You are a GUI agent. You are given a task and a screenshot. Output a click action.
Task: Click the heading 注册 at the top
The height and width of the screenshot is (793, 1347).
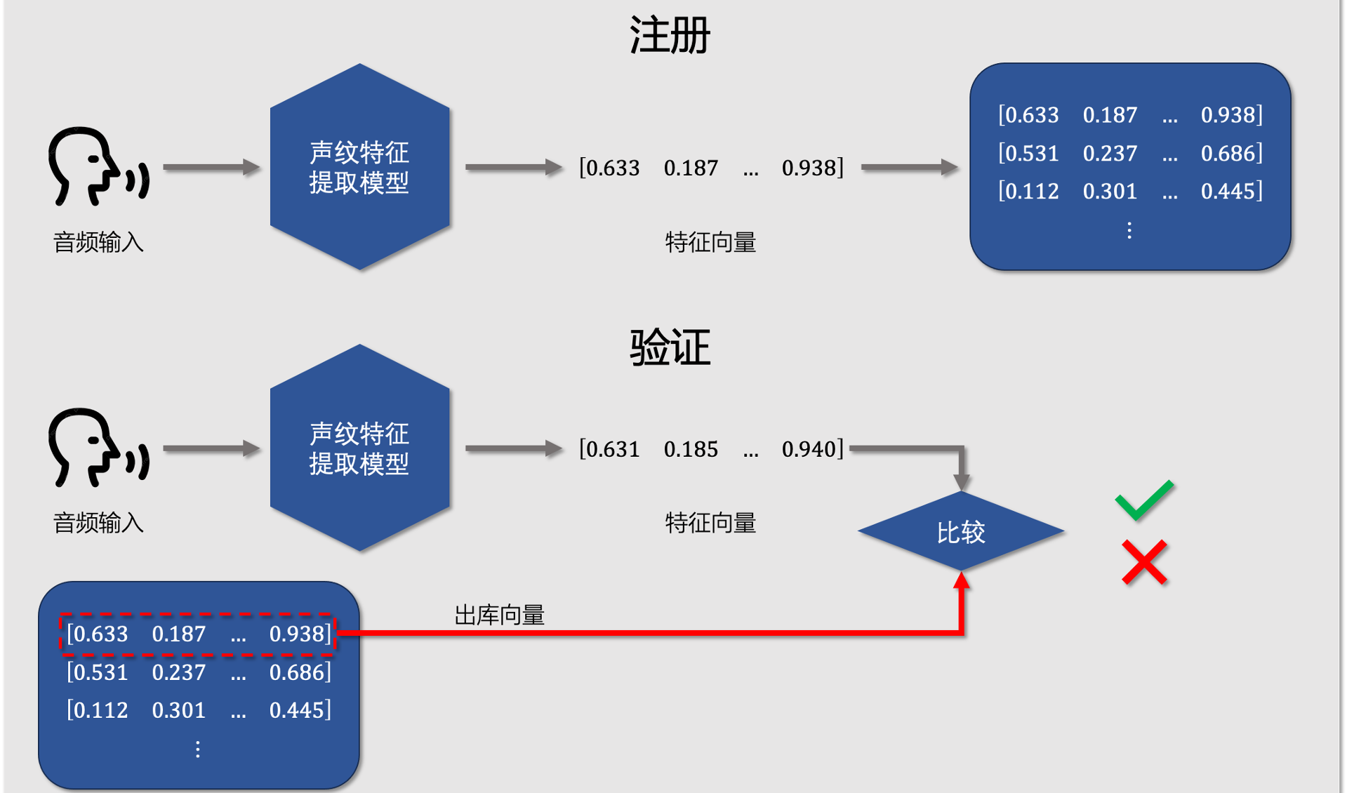tap(670, 35)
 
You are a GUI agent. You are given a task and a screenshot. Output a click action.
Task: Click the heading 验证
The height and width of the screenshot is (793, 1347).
tap(670, 347)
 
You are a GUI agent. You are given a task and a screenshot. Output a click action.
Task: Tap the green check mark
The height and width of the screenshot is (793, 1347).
tap(1144, 500)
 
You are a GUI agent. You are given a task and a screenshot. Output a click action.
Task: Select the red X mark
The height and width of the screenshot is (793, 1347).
tap(1144, 562)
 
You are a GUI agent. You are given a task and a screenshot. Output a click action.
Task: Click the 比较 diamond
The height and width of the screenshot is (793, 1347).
tap(961, 532)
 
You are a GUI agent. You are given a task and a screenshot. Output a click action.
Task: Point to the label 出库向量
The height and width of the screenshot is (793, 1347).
tap(499, 615)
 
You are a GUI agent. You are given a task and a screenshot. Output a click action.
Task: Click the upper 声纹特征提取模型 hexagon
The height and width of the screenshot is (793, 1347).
tap(359, 167)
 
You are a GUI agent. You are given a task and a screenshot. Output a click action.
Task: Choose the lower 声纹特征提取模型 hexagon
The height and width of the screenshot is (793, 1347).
tap(359, 448)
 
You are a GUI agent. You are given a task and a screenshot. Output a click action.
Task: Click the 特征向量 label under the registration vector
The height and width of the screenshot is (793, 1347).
tap(710, 242)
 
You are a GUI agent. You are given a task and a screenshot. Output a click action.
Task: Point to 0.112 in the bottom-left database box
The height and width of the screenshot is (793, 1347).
tap(100, 710)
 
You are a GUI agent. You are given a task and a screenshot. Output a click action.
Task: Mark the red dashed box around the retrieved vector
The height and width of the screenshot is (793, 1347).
tap(198, 634)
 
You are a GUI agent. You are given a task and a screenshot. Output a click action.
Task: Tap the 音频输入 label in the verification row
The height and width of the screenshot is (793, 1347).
tap(98, 523)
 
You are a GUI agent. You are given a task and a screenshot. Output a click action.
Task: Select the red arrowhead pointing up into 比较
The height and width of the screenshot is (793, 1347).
tap(962, 580)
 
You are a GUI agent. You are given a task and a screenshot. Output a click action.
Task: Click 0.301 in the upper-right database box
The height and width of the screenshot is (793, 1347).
tap(1110, 191)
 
